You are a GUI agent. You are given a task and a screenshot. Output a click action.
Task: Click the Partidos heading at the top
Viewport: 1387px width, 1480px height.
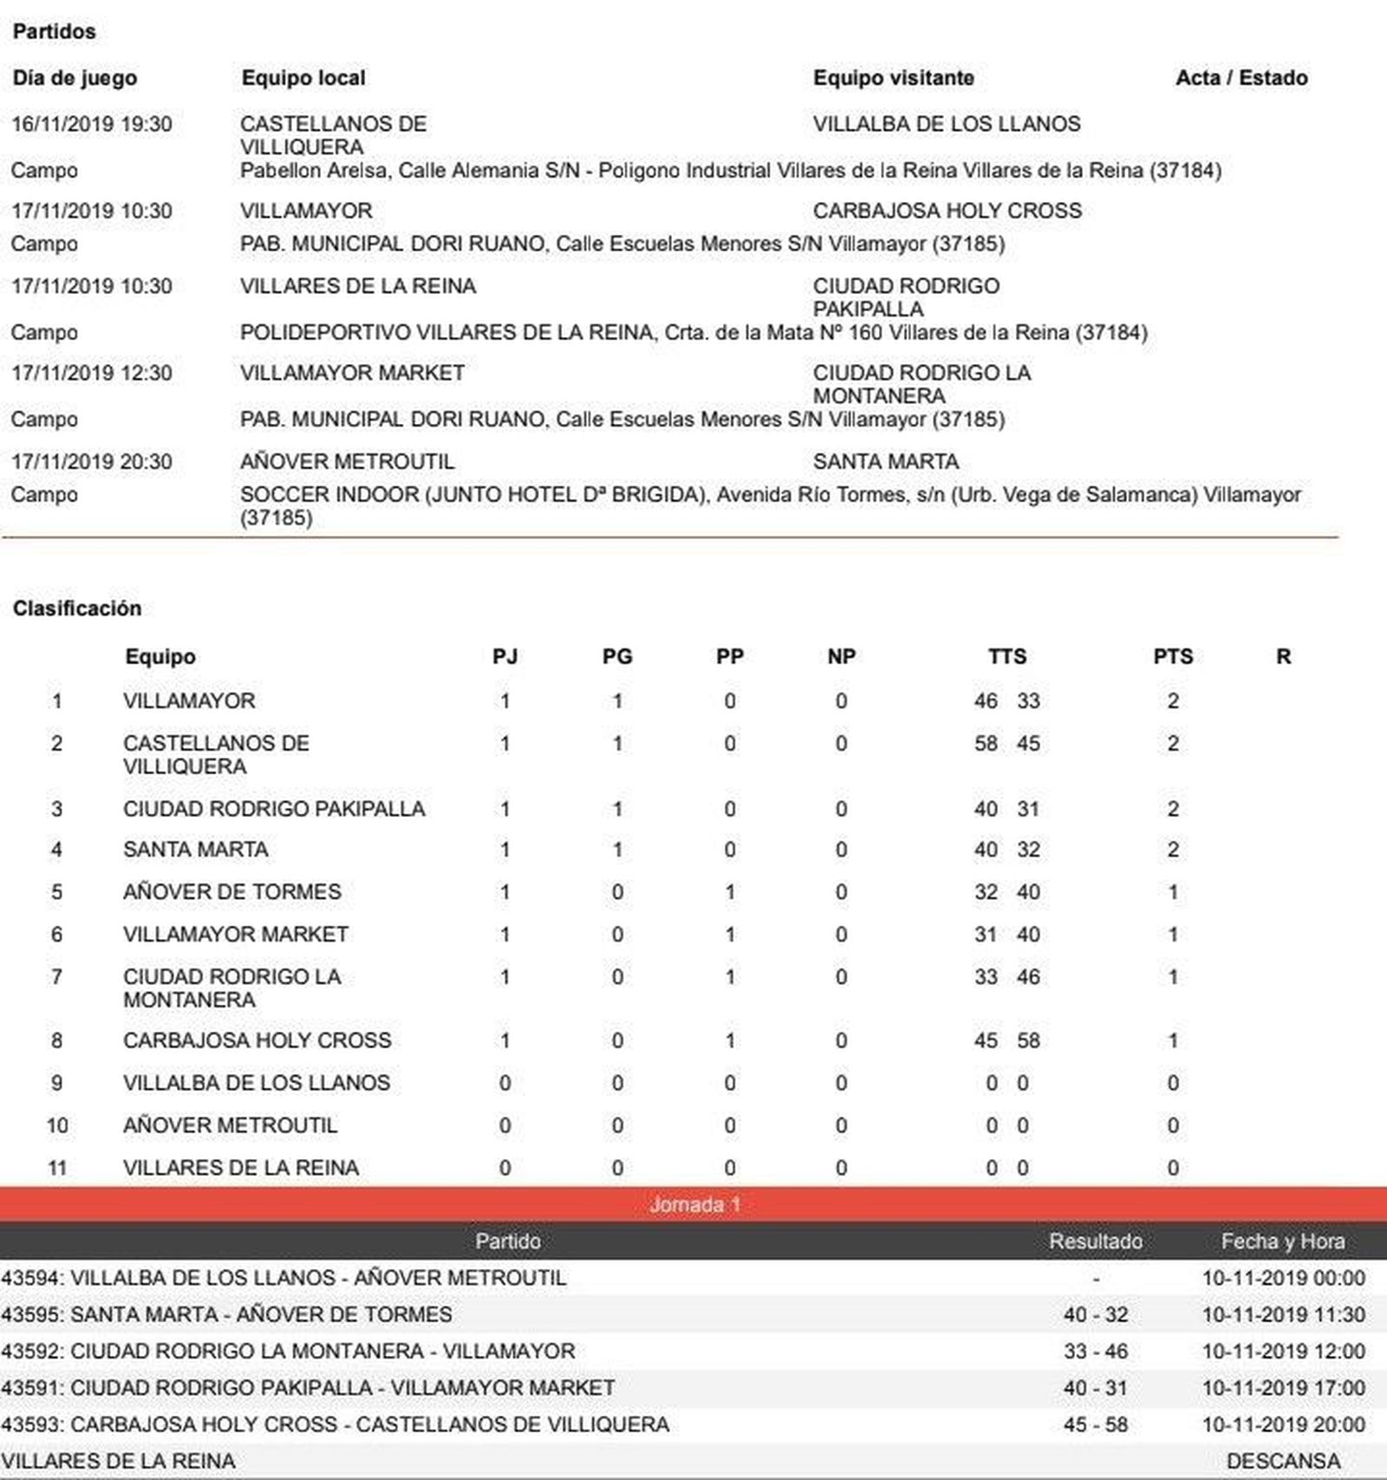pos(54,31)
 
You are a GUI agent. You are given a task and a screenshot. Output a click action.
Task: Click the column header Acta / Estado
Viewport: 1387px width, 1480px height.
pos(1240,78)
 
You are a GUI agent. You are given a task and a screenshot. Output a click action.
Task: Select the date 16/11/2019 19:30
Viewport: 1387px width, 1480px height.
pos(91,124)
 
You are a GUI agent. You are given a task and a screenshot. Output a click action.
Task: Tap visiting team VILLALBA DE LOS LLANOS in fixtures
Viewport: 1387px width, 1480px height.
pos(946,124)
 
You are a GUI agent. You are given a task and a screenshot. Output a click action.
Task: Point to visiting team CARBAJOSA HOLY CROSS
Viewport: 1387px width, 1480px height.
pos(947,211)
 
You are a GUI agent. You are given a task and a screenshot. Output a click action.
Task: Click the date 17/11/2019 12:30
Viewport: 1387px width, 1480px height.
pos(91,373)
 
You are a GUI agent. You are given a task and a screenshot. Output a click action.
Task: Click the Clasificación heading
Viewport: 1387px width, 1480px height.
pos(76,608)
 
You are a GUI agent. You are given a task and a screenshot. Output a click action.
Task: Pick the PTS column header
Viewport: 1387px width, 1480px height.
pos(1172,656)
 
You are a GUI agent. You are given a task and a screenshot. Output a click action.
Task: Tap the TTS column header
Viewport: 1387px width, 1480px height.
pos(1006,656)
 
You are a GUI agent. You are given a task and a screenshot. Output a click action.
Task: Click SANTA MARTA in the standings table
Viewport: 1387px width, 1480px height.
pos(195,850)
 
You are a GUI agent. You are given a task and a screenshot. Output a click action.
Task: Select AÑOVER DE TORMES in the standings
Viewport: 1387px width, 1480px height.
pos(231,891)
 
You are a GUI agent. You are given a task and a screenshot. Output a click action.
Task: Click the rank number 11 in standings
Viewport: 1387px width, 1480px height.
pos(56,1168)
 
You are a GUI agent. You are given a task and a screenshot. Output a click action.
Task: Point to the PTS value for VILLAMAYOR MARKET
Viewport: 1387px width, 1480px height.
pos(1172,935)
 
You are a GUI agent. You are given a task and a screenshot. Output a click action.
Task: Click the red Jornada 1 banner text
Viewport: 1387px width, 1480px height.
pos(694,1204)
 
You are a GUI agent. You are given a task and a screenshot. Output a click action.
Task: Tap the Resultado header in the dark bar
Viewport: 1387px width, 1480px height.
pos(1095,1242)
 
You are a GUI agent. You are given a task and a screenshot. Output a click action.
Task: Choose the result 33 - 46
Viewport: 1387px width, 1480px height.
pos(1095,1351)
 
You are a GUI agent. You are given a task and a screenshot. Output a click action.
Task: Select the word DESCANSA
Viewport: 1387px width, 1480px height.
pos(1283,1461)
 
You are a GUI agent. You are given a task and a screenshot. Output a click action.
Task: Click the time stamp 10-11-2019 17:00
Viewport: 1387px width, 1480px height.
pos(1283,1387)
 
